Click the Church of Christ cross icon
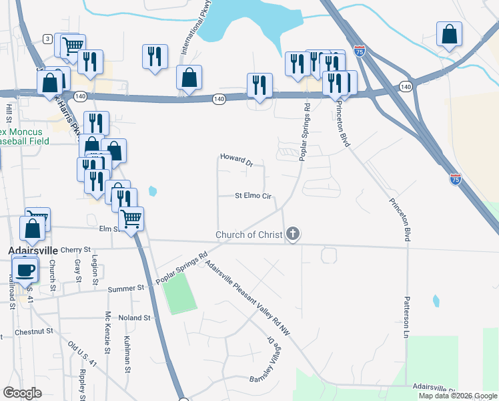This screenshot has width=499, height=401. [x=292, y=234]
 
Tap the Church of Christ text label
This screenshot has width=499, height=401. [x=249, y=235]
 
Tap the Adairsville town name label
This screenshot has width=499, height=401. [x=35, y=251]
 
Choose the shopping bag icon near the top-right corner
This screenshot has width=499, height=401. [x=450, y=34]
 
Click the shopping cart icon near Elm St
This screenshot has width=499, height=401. [x=131, y=217]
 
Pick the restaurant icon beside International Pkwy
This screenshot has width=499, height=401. [x=155, y=56]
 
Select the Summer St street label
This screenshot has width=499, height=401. [x=126, y=288]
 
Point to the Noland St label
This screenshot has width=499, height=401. [x=134, y=318]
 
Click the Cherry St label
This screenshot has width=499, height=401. [x=75, y=250]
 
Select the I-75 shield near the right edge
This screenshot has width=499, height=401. [x=455, y=179]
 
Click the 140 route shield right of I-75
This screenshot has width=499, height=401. [x=406, y=87]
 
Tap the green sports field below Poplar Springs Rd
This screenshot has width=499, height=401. [x=177, y=294]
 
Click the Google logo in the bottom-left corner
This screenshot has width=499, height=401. [x=22, y=393]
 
